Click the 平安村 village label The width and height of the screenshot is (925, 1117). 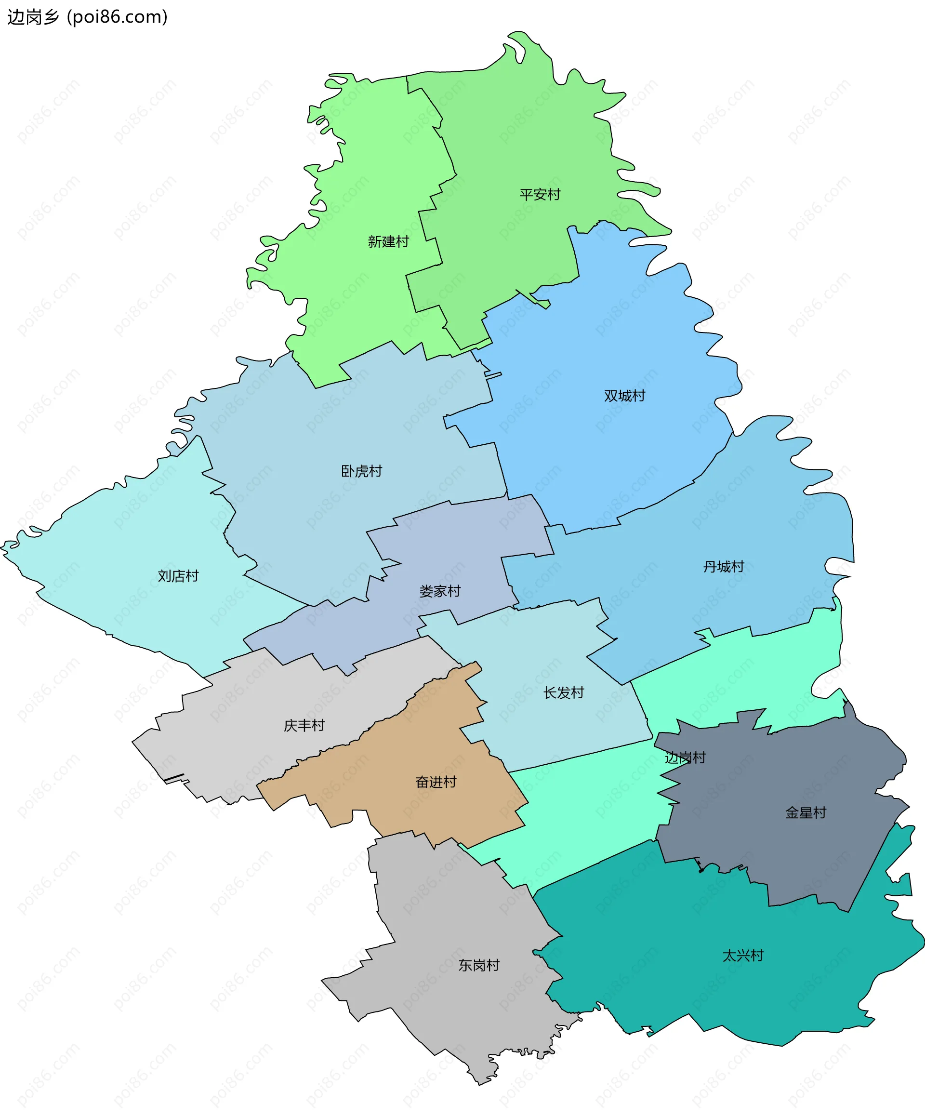540,195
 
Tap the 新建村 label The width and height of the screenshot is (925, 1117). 388,242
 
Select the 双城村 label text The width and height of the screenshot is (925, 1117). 624,396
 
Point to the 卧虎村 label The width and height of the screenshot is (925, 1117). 361,471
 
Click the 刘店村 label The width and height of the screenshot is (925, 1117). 178,576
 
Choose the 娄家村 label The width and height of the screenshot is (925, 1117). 440,591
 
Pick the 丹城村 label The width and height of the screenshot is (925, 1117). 724,567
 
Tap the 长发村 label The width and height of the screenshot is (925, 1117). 563,692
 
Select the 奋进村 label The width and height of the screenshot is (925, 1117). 436,782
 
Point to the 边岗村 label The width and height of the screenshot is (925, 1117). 685,758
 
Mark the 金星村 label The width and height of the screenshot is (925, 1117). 806,813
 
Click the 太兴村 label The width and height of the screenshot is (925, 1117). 742,956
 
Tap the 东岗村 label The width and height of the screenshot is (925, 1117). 479,965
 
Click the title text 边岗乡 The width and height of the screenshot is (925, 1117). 33,17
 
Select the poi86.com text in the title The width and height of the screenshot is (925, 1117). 118,17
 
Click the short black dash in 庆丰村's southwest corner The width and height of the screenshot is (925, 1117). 173,778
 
